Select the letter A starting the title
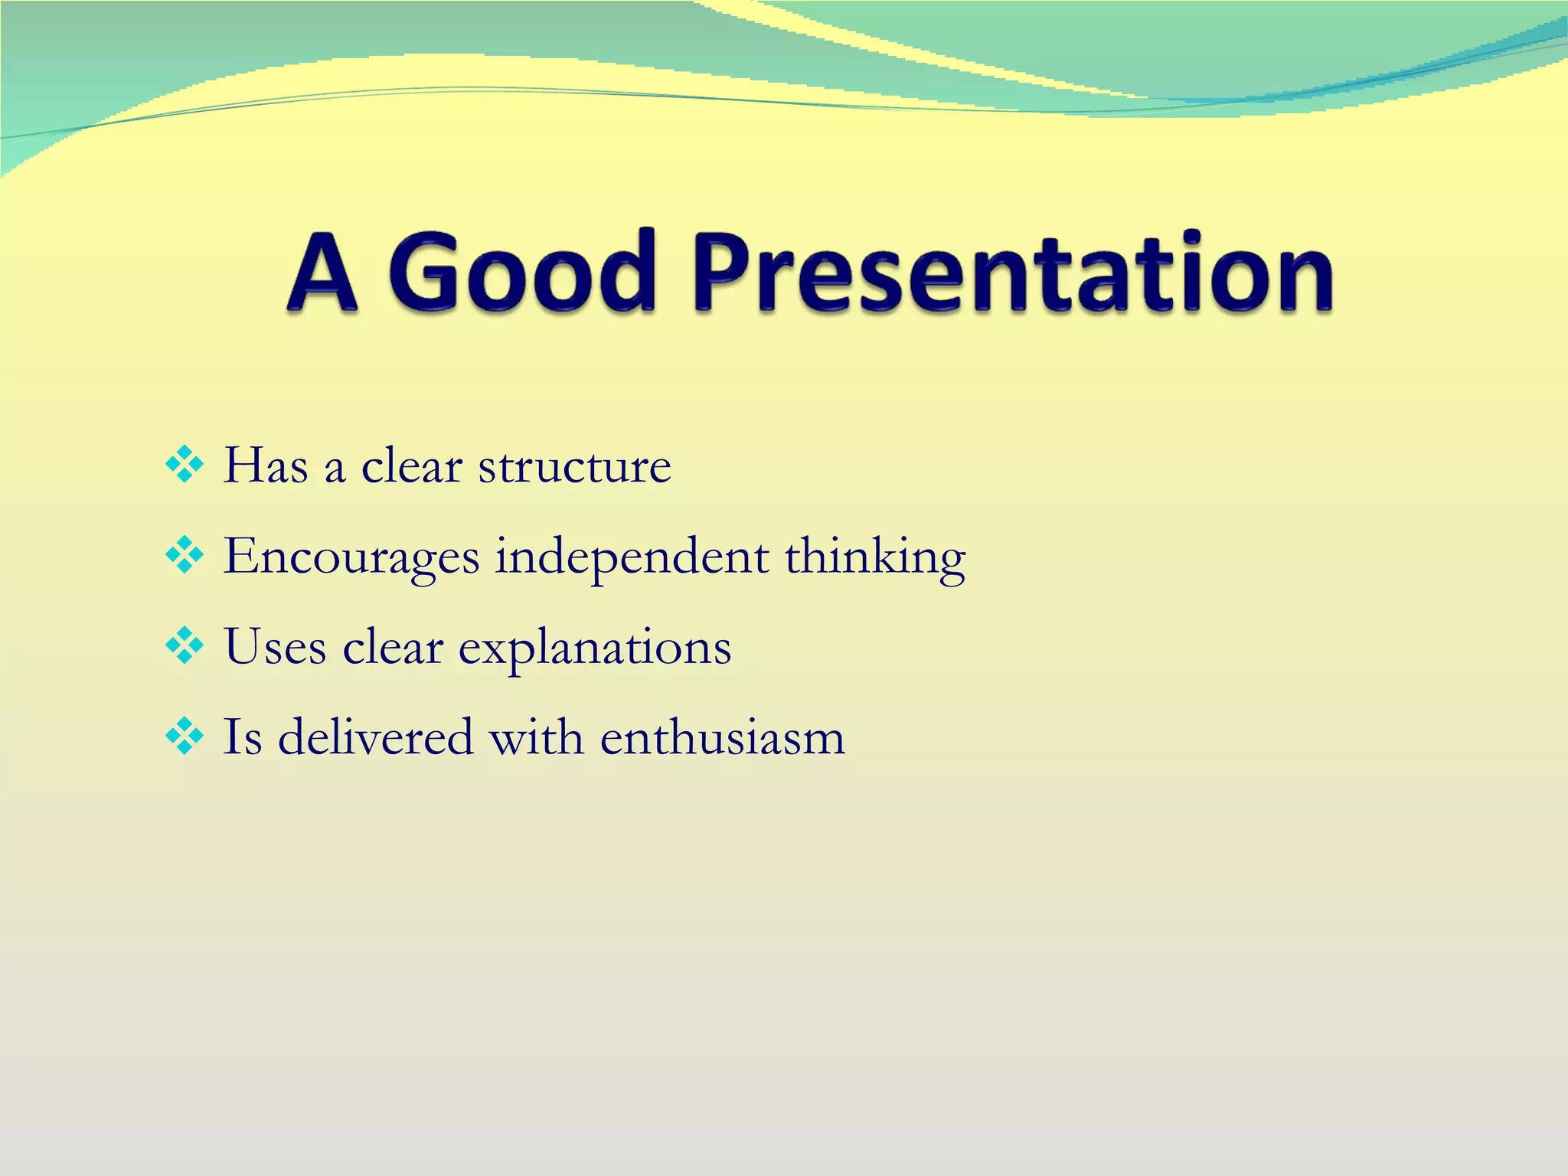coord(322,274)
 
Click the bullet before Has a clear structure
coord(185,465)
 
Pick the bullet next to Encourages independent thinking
coord(185,556)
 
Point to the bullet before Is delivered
coord(185,737)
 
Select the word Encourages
coord(351,557)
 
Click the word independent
coord(632,557)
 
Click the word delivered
coord(375,737)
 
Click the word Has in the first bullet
coord(266,465)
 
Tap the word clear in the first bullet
coord(411,465)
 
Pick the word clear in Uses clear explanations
coord(393,647)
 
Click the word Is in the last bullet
coord(242,737)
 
